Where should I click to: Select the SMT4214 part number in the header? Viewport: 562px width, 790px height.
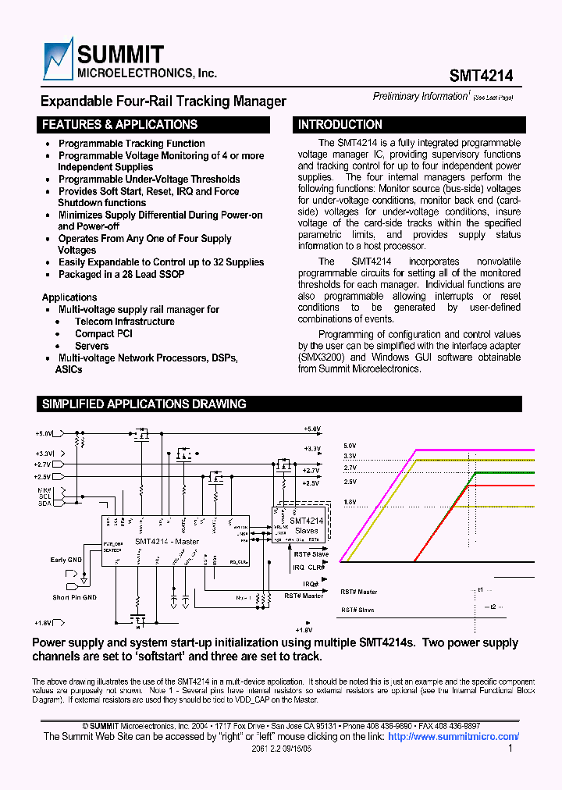coord(481,76)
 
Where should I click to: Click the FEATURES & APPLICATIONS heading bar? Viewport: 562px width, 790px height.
coord(119,125)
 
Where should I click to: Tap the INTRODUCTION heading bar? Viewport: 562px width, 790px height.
coord(340,125)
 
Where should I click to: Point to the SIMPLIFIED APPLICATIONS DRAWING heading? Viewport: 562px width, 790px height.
coord(144,404)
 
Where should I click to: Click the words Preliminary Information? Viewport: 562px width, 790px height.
coord(419,96)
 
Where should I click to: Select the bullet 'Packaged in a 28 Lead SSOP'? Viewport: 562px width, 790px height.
coord(121,274)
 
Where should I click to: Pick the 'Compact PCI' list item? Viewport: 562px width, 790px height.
coord(104,334)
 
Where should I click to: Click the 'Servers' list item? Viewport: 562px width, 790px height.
coord(91,346)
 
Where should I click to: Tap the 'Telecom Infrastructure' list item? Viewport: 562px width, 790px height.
coord(124,322)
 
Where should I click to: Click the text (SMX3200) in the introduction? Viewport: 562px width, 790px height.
coord(322,358)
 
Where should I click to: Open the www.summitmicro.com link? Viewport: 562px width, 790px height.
coord(453,736)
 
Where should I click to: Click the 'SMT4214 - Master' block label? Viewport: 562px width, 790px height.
coord(166,541)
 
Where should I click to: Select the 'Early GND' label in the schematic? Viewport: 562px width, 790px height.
coord(66,560)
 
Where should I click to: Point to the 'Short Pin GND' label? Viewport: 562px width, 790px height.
coord(75,597)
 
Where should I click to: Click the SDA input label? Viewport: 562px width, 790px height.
coord(44,504)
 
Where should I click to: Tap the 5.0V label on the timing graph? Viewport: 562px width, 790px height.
coord(349,446)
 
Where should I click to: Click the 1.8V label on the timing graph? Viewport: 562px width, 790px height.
coord(349,502)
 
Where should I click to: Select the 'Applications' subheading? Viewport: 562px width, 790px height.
coord(69,297)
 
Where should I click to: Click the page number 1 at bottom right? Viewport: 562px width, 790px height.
coord(510,748)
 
